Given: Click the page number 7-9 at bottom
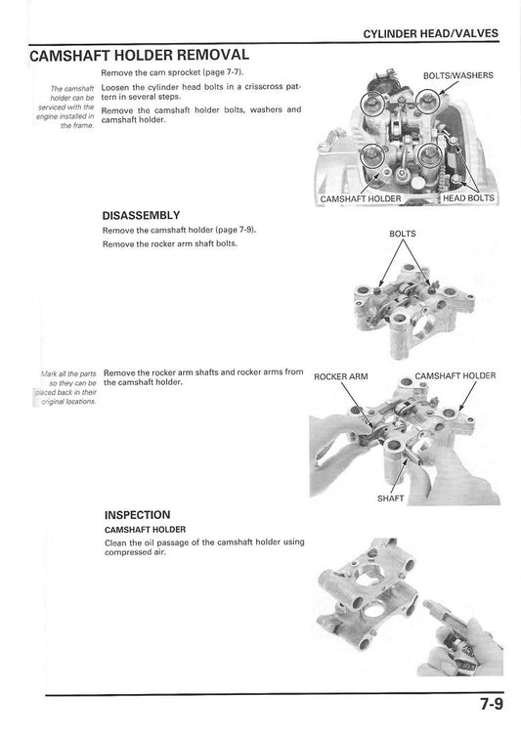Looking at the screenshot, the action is (x=492, y=704).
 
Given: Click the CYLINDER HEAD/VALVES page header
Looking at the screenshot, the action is (x=430, y=33).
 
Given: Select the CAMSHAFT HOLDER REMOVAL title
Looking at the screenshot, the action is (x=139, y=55).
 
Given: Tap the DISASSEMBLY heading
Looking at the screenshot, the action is (x=141, y=215).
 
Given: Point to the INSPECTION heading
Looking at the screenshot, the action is (x=137, y=514).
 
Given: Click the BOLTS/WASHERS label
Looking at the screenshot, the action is (x=457, y=75).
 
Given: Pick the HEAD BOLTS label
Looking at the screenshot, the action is (x=468, y=198).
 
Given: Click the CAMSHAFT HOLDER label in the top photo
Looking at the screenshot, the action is (x=361, y=199).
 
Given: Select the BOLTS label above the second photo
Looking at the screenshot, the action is (x=403, y=234).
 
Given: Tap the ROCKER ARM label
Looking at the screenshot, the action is (x=341, y=376).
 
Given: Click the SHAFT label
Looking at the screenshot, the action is (x=390, y=498).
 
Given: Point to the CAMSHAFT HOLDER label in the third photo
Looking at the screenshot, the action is (x=456, y=375).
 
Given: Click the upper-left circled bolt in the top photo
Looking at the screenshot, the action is (x=373, y=102).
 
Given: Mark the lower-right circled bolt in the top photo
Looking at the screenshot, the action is (x=430, y=154).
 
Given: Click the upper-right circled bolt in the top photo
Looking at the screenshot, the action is (x=428, y=101).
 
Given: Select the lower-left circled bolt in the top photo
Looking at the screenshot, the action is (x=371, y=156).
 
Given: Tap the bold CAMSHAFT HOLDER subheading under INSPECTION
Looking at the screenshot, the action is (x=145, y=530).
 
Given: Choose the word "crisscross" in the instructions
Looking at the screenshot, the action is (x=265, y=87).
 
